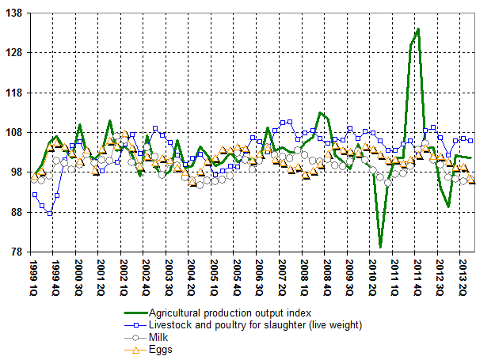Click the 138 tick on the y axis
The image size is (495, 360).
pos(17,13)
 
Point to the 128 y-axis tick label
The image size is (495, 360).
pos(17,53)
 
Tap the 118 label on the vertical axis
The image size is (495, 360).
pos(17,93)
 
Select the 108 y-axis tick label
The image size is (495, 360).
pos(17,132)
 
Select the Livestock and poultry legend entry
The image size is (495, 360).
pos(255,325)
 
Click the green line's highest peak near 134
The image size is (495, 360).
pos(418,29)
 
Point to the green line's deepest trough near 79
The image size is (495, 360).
pos(380,247)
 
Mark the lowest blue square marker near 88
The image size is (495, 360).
pos(50,214)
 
